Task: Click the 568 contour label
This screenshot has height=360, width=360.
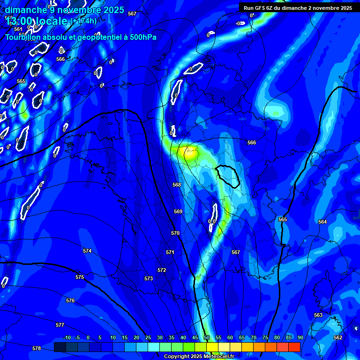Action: pos(177,185)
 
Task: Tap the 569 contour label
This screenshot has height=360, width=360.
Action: pos(178,212)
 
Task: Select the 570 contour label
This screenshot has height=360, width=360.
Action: pos(175,233)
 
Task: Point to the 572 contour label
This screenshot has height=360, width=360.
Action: pos(162,270)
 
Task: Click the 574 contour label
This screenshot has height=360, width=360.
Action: pos(87,251)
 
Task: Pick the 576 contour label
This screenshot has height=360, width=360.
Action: pos(70,300)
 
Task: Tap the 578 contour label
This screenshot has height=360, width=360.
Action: pos(37,348)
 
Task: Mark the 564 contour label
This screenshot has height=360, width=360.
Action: pos(322,222)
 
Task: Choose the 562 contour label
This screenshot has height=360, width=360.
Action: pos(338,337)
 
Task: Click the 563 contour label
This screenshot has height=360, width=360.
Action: pos(318,315)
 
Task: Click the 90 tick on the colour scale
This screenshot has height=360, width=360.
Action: pos(300,338)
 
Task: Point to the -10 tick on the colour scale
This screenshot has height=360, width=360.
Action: pos(67,338)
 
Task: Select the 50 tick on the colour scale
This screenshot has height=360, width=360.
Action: pos(207,338)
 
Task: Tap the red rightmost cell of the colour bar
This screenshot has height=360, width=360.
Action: pos(294,347)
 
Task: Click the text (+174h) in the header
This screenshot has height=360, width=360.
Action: pos(83,21)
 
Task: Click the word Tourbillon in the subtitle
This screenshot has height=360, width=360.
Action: pos(23,37)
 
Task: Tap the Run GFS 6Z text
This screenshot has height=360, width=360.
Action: pos(259,8)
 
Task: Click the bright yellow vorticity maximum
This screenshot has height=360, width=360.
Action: pos(190,151)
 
